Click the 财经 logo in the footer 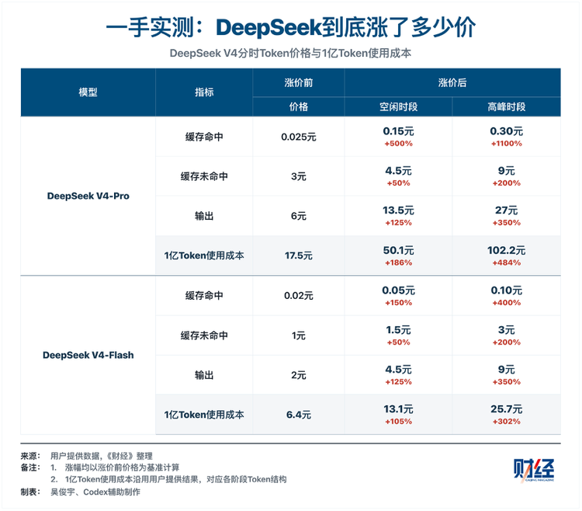click(x=534, y=470)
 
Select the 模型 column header click(x=88, y=92)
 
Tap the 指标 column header click(x=204, y=92)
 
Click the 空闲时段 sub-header click(x=398, y=107)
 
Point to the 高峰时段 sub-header click(x=506, y=107)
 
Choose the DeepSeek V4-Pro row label click(x=88, y=196)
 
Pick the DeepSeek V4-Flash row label click(x=88, y=355)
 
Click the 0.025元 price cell click(x=299, y=137)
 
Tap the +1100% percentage click(x=506, y=144)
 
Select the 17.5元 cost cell click(x=299, y=255)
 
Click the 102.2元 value click(x=506, y=250)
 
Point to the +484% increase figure click(x=506, y=263)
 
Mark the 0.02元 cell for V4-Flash click(x=299, y=296)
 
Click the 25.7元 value click(x=506, y=409)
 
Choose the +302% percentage click(x=506, y=422)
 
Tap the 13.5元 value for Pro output click(x=398, y=210)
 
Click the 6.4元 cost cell click(x=299, y=415)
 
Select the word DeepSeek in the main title click(x=268, y=27)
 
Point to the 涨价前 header click(x=299, y=82)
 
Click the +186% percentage click(x=398, y=263)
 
